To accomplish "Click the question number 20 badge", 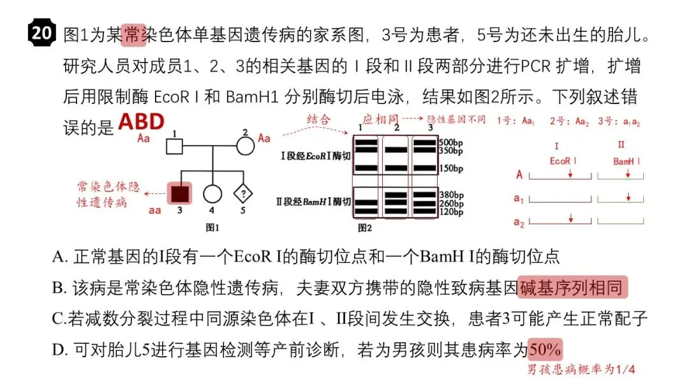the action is tap(41, 33).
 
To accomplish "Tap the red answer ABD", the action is tap(141, 122).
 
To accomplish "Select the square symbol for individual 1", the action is tap(174, 146).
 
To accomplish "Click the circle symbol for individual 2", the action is tap(245, 146).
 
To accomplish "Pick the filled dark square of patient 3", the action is tap(179, 193).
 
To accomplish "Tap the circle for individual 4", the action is tap(212, 193).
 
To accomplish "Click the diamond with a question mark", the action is tap(243, 193).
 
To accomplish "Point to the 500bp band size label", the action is tap(451, 143).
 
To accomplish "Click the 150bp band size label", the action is tap(451, 168).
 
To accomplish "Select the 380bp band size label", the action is tap(452, 195).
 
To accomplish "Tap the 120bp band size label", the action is tap(452, 213).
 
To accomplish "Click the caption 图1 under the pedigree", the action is tap(212, 227).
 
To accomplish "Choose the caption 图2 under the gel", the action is tap(365, 228).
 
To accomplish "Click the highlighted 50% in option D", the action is tap(545, 349).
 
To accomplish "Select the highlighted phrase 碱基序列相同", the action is tap(572, 288).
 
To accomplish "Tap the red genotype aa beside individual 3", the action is tap(154, 211).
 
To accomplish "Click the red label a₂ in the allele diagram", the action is tap(519, 222).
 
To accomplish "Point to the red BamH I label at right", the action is tap(626, 161).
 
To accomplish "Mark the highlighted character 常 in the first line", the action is tap(133, 34).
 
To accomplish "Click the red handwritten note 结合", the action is tap(318, 119).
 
